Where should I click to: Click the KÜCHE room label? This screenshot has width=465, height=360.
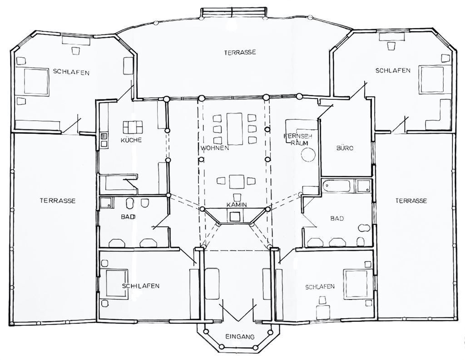131,140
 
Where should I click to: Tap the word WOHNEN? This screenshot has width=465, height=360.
215,148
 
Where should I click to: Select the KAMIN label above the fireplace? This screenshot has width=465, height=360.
237,205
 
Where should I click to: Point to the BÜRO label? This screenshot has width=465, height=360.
345,148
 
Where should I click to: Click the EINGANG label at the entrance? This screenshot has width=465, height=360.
240,336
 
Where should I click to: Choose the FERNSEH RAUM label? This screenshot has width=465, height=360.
298,139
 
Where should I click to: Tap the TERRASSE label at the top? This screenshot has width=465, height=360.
240,53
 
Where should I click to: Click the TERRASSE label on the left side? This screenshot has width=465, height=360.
58,201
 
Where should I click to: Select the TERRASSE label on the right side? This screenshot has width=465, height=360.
411,201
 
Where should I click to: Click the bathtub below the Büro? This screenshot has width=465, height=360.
337,186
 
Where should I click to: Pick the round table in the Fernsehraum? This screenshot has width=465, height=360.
308,154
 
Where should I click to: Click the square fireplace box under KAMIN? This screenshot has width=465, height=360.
235,217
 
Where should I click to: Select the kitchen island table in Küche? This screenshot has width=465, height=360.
133,127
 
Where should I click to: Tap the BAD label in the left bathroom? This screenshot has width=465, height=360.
128,217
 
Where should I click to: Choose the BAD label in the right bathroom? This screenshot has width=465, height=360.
337,218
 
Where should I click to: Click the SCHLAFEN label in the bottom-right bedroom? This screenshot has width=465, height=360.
320,287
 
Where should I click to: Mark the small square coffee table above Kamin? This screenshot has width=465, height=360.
237,182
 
